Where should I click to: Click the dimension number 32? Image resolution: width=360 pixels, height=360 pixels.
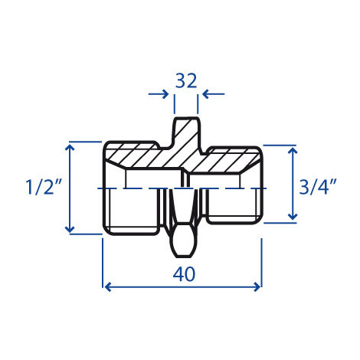pos(186,80)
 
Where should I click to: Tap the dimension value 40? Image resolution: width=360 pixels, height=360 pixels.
pos(184,274)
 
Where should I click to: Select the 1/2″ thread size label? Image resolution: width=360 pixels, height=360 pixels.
pos(44,187)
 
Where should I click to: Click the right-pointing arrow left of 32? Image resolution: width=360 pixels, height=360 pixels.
pos(159,94)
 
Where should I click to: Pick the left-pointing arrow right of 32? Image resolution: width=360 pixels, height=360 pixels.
pos(214,94)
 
